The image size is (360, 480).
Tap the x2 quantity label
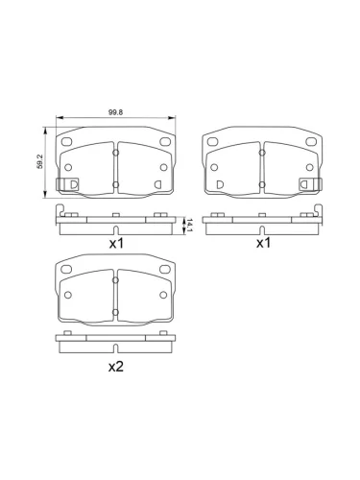116,366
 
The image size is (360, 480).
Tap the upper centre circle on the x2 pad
115,281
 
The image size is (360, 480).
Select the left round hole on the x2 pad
68,296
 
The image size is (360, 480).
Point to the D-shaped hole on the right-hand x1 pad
220,183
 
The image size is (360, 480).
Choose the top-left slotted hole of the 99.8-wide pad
68,143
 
